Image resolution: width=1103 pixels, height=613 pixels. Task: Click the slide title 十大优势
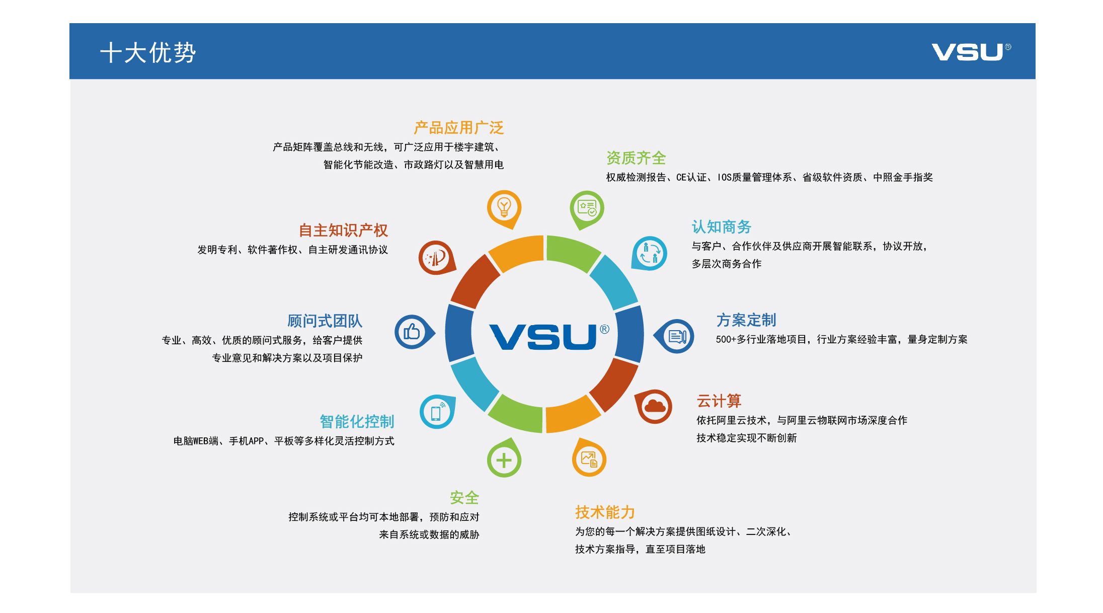click(x=148, y=52)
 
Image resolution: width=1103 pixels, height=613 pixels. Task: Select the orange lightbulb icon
click(x=504, y=207)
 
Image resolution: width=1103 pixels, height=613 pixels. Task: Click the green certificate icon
click(x=587, y=207)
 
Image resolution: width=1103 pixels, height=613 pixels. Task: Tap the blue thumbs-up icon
click(x=412, y=332)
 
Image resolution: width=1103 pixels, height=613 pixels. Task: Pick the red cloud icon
click(x=655, y=406)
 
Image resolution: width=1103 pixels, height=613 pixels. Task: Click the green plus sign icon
click(x=504, y=460)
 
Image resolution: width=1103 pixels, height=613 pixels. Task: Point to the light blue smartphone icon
click(x=436, y=412)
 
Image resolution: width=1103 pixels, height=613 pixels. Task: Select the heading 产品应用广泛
click(x=458, y=128)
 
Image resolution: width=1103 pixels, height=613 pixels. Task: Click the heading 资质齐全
click(x=636, y=158)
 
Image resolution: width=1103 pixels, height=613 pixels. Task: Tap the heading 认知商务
click(x=722, y=227)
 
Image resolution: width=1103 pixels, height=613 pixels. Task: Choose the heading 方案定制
click(x=746, y=320)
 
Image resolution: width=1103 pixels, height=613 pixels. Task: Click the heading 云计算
click(x=719, y=401)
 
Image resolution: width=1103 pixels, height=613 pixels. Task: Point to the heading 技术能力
click(x=605, y=512)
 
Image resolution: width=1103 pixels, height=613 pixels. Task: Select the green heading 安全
click(x=464, y=498)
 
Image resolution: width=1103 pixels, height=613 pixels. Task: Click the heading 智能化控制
click(x=357, y=422)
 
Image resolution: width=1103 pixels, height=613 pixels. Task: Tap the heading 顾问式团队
click(x=325, y=321)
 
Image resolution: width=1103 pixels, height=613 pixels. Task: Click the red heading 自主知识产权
click(x=343, y=231)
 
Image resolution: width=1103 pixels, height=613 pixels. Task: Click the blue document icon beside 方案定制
click(x=677, y=336)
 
